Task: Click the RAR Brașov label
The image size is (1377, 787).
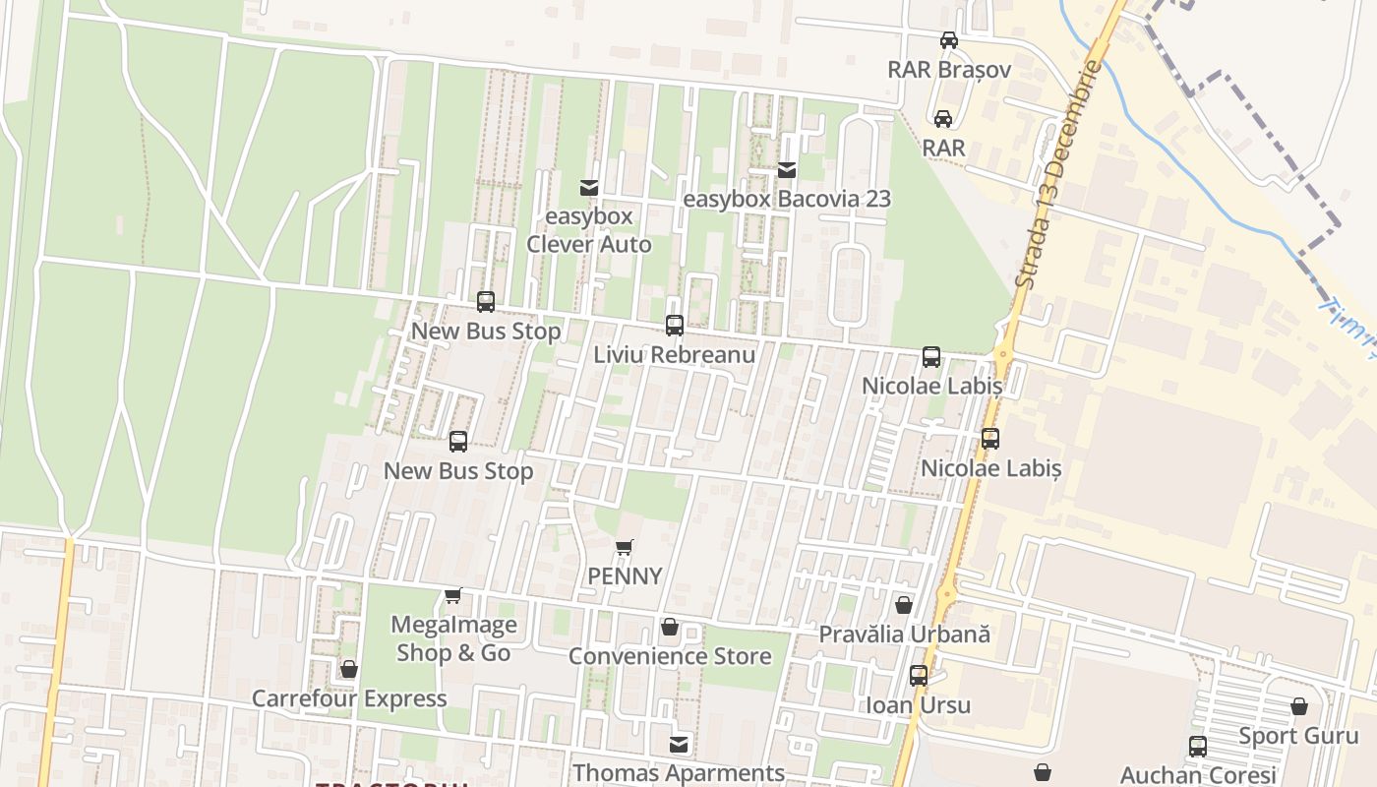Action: [948, 70]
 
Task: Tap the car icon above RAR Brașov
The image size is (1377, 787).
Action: [948, 40]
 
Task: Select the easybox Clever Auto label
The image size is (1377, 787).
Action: [589, 230]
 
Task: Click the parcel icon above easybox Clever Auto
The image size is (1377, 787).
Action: [589, 187]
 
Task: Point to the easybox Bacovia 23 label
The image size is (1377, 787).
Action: [787, 199]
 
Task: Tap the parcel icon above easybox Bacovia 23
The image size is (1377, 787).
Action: [787, 170]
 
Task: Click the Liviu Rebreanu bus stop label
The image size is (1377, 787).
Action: [674, 354]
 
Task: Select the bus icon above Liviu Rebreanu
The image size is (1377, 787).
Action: [675, 325]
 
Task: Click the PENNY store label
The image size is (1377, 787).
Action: [625, 575]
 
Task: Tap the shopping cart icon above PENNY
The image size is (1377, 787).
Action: [624, 547]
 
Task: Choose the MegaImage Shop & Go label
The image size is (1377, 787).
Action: [453, 638]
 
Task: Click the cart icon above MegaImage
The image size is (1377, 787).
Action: [452, 595]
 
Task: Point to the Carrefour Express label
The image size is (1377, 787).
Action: [349, 698]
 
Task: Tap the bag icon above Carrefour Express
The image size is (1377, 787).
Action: [349, 670]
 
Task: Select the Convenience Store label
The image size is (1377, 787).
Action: [670, 656]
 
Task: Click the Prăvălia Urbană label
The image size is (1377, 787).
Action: [904, 635]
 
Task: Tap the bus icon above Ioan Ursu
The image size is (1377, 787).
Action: [918, 676]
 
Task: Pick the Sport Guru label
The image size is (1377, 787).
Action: [1298, 736]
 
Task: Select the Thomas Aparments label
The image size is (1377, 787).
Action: [679, 773]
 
